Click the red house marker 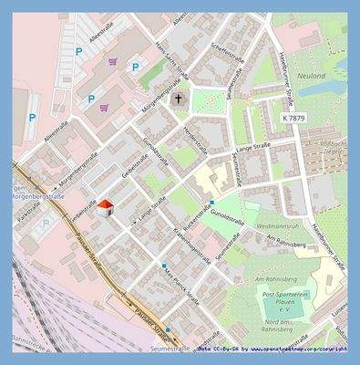[105, 207]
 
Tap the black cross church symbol [179, 98]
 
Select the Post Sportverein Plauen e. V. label [288, 301]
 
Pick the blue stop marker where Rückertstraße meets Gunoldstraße [211, 203]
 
